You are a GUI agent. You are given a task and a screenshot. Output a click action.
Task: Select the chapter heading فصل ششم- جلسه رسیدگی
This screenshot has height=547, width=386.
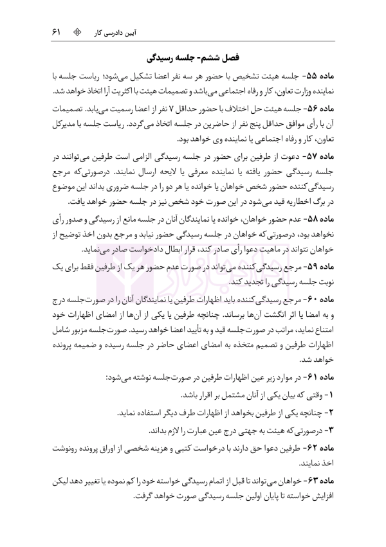193,58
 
